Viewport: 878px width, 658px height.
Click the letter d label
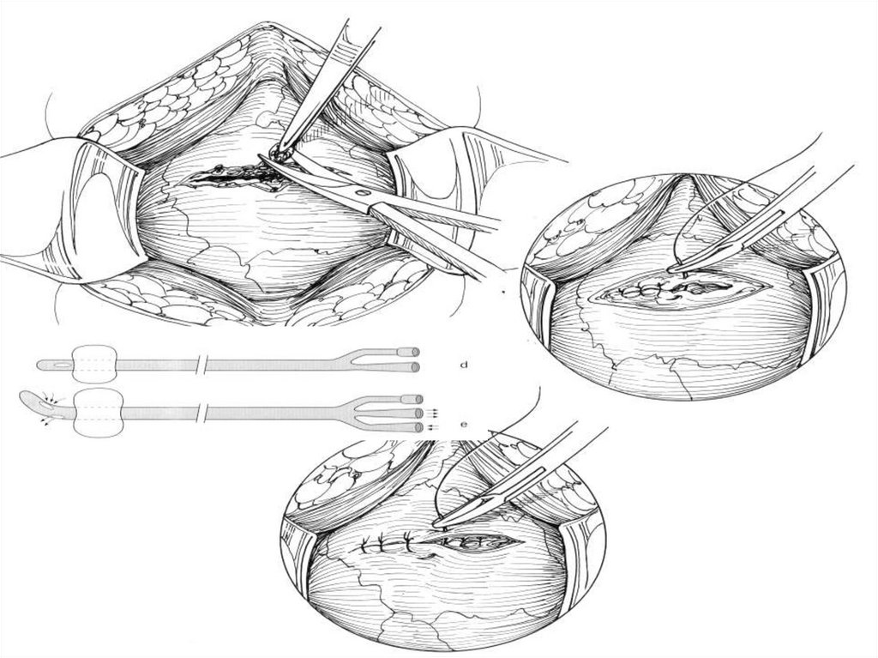[x=464, y=365]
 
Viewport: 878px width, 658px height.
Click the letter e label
[x=464, y=425]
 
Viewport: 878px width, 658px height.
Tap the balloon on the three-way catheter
[x=99, y=414]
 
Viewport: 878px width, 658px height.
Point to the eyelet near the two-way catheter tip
[x=62, y=365]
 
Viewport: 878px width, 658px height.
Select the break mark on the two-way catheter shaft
[x=202, y=365]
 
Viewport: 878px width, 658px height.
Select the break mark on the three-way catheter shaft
[x=202, y=414]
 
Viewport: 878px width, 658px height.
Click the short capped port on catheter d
[x=407, y=352]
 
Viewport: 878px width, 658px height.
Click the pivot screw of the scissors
[x=364, y=193]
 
